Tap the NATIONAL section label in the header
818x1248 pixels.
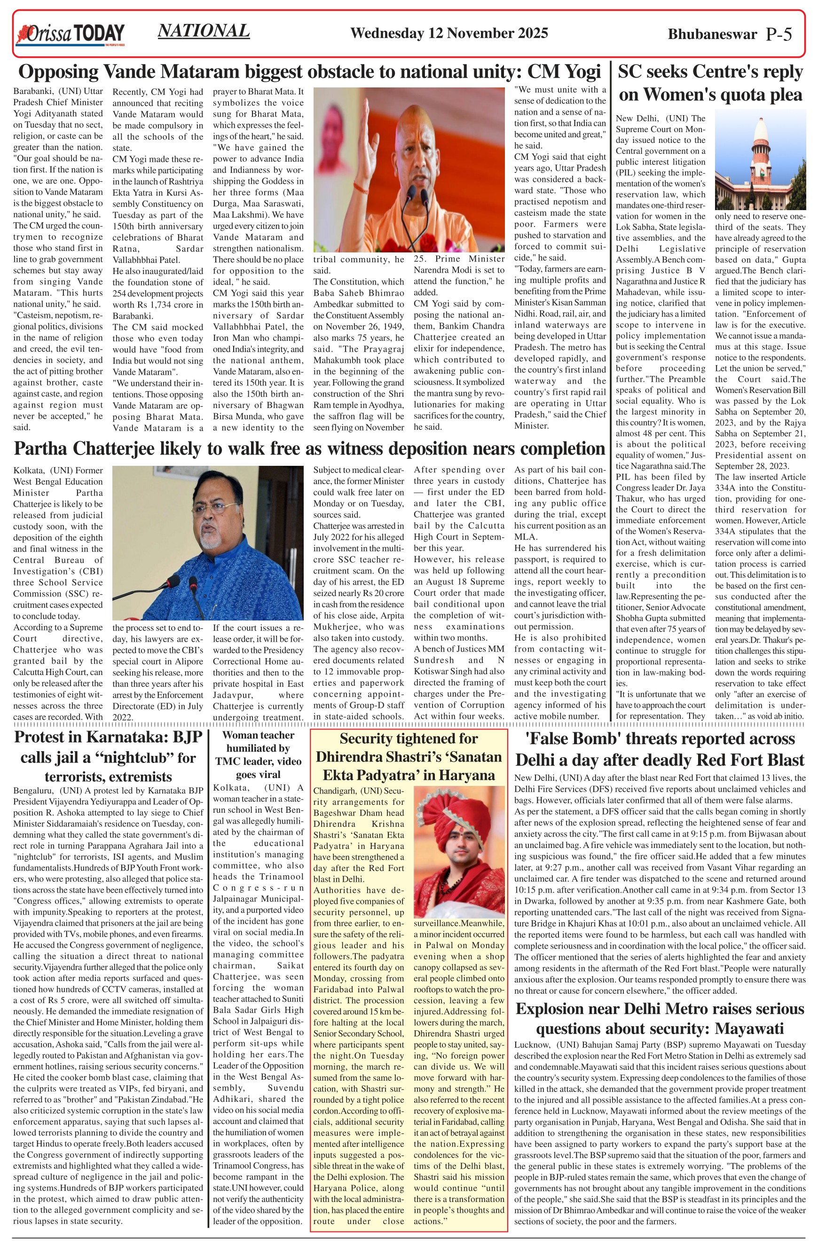pyautogui.click(x=204, y=31)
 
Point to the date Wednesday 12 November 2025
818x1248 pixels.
pyautogui.click(x=449, y=33)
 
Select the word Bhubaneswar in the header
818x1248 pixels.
pyautogui.click(x=712, y=35)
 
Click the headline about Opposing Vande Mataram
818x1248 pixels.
pyautogui.click(x=309, y=71)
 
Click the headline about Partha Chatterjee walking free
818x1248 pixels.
pyautogui.click(x=309, y=449)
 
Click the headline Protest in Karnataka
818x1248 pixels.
pyautogui.click(x=108, y=757)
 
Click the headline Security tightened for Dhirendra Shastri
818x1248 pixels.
pyautogui.click(x=409, y=757)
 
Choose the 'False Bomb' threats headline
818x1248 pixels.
pyautogui.click(x=660, y=749)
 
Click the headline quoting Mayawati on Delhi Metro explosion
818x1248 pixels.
pyautogui.click(x=660, y=1018)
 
